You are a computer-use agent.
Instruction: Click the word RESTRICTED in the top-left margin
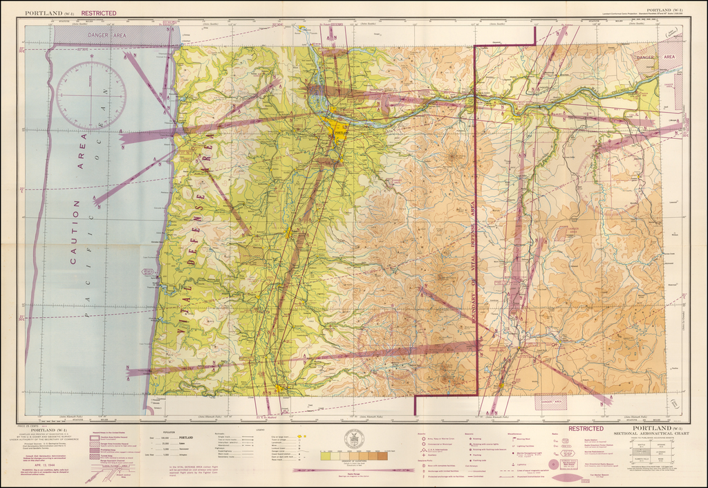click(x=99, y=13)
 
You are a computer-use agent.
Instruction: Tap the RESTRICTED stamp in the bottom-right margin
click(x=586, y=429)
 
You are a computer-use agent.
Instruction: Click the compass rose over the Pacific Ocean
click(x=91, y=95)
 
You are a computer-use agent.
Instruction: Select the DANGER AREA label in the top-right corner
click(x=645, y=58)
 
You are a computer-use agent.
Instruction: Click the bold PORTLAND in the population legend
click(x=186, y=438)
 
